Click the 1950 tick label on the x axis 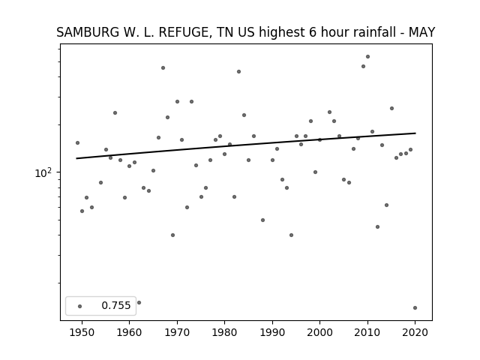coord(82,332)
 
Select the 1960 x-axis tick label coord(129,332)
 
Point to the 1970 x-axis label coord(177,332)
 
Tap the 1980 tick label coord(224,332)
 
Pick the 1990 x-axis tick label coord(272,332)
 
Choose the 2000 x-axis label coord(319,332)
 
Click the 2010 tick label coord(367,332)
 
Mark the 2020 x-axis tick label coord(415,332)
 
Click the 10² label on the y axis coord(43,172)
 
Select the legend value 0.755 coord(116,305)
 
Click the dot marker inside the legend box coord(80,306)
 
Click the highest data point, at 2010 coord(367,57)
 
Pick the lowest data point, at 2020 coord(415,308)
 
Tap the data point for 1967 coord(163,68)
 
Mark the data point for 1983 coord(238,72)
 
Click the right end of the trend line coord(415,133)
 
